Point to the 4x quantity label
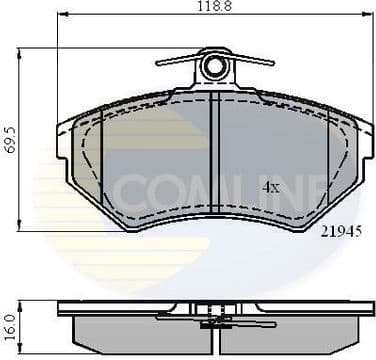(x=270, y=187)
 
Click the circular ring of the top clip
(x=213, y=67)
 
